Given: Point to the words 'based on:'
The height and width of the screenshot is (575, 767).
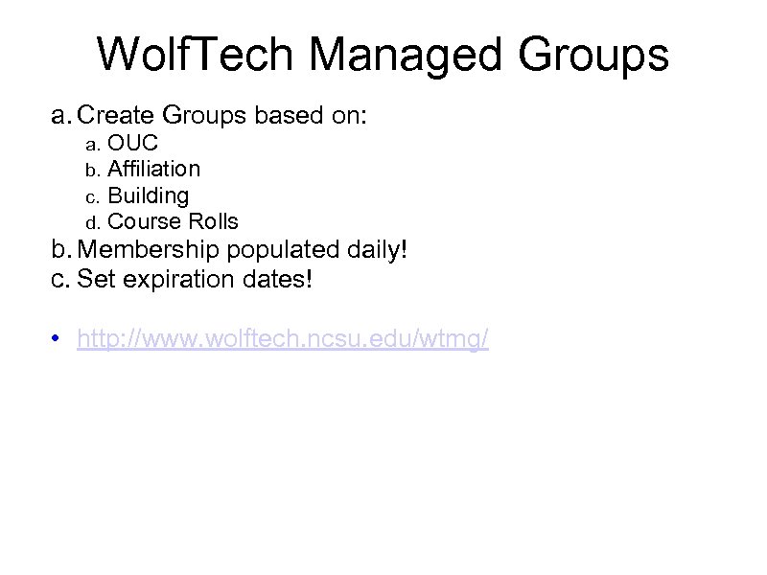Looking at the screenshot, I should pyautogui.click(x=316, y=117).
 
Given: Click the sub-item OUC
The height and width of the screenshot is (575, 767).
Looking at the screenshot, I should pyautogui.click(x=132, y=144).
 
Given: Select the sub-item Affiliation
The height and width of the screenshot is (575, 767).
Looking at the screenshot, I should pyautogui.click(x=153, y=170).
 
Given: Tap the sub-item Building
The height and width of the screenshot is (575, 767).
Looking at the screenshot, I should pyautogui.click(x=148, y=195).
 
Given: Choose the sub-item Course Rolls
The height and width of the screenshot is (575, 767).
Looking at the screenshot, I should pyautogui.click(x=173, y=221).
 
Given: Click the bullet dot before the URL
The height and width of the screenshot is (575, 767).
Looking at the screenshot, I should pyautogui.click(x=58, y=339).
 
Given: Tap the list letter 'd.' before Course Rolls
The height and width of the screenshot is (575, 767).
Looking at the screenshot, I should pyautogui.click(x=92, y=222).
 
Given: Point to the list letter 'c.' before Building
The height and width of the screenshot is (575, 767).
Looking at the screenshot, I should pyautogui.click(x=92, y=196).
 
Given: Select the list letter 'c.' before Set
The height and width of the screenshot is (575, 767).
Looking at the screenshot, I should pyautogui.click(x=60, y=281).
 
